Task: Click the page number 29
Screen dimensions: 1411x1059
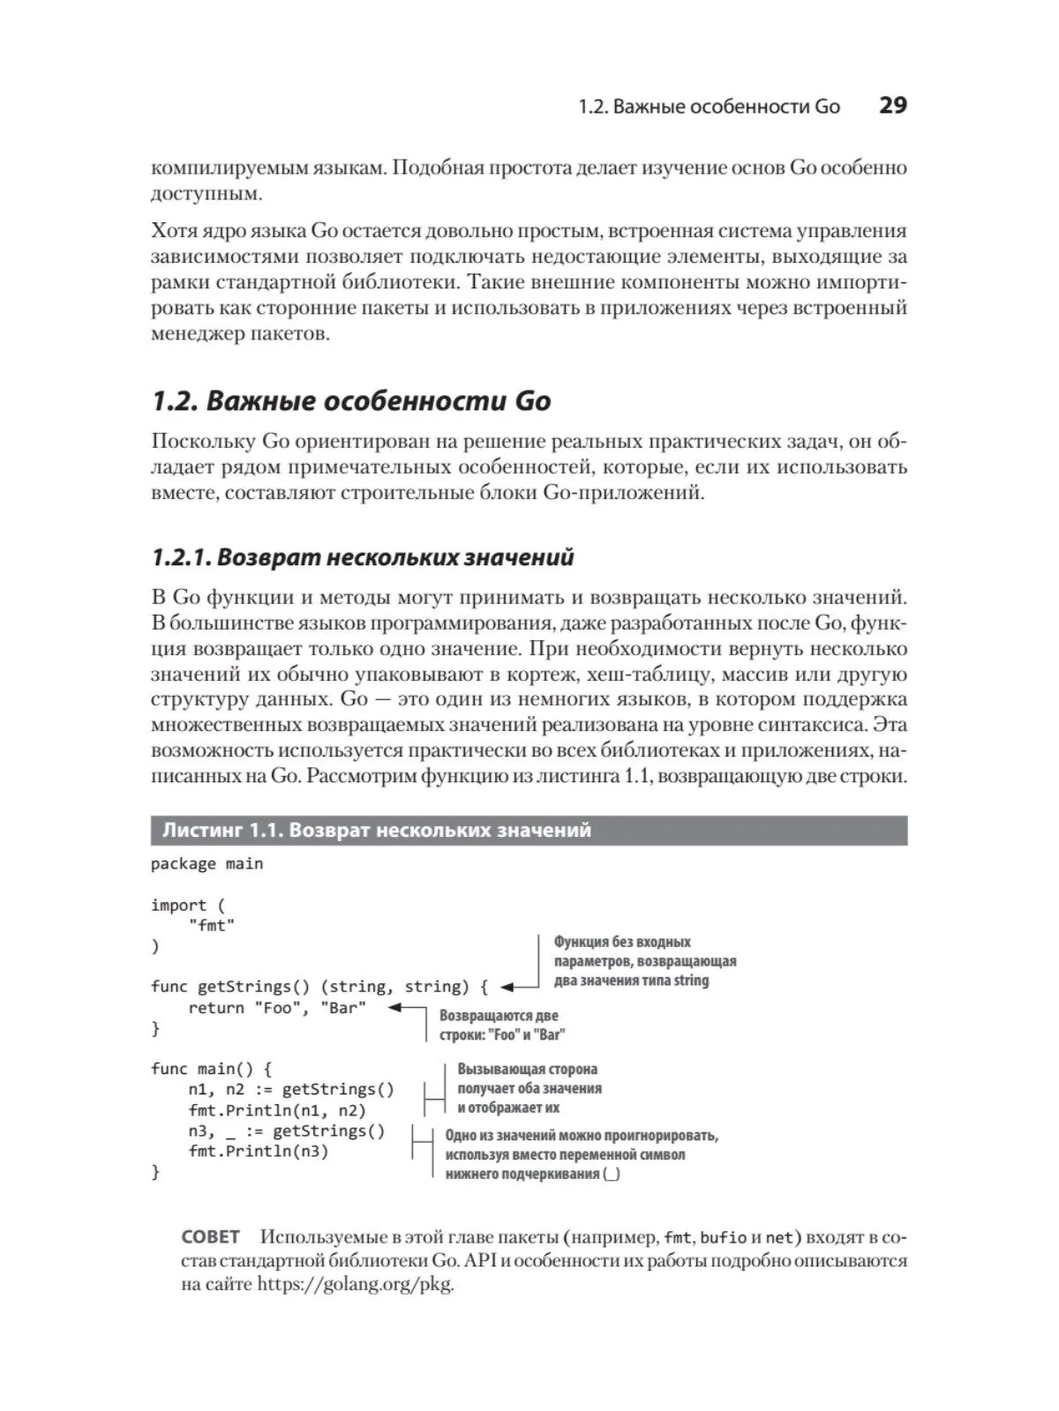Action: pyautogui.click(x=892, y=106)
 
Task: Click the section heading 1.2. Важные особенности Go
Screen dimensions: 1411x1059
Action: pyautogui.click(x=351, y=401)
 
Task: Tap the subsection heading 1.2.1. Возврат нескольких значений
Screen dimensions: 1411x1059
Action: pyautogui.click(x=363, y=557)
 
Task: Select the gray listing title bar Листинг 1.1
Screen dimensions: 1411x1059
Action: pyautogui.click(x=529, y=831)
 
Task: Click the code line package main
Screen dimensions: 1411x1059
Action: pyautogui.click(x=207, y=864)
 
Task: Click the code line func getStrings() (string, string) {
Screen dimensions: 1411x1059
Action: pyautogui.click(x=319, y=987)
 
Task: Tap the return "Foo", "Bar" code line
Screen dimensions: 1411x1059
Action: pyautogui.click(x=276, y=1008)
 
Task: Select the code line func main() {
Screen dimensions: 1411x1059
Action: pyautogui.click(x=212, y=1069)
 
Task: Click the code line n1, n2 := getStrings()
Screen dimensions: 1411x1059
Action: pyautogui.click(x=291, y=1090)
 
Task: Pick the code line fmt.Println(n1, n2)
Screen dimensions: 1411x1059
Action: pyautogui.click(x=276, y=1110)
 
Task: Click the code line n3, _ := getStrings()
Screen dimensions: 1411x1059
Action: pyautogui.click(x=286, y=1131)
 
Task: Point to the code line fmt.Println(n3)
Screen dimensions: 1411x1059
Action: pyautogui.click(x=258, y=1152)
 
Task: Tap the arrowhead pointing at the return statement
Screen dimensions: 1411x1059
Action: pyautogui.click(x=394, y=1008)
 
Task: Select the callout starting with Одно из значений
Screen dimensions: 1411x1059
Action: pyautogui.click(x=581, y=1154)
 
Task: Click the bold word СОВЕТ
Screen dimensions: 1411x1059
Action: pyautogui.click(x=210, y=1237)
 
